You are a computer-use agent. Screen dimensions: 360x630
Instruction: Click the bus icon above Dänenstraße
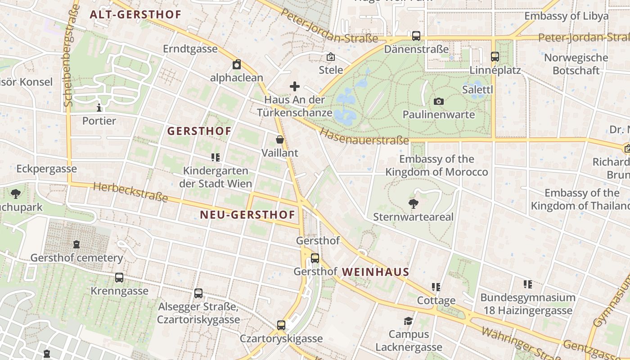416,36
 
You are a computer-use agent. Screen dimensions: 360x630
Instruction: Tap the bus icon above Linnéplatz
495,57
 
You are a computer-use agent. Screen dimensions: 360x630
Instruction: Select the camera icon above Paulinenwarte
439,101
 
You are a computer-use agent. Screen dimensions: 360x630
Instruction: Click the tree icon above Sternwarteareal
414,204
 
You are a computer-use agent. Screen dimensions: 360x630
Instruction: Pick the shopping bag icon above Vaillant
280,139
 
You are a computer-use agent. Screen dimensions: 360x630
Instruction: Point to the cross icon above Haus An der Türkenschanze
295,86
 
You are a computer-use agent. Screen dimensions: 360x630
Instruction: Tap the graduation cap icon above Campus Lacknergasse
409,321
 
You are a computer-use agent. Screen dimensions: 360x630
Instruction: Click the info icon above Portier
99,108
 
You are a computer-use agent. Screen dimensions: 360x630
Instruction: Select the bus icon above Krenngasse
119,278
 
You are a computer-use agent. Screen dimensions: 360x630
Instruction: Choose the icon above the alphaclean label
237,64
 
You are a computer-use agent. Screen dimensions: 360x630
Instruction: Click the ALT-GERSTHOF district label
135,14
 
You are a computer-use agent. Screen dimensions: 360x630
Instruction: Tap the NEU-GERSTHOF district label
247,215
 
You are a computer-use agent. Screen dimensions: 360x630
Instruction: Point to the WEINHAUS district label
375,272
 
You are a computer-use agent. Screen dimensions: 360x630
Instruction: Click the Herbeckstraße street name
130,192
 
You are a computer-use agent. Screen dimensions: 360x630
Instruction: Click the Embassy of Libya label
566,16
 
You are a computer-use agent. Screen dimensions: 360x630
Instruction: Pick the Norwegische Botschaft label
576,64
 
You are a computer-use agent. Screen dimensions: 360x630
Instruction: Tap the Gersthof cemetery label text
76,258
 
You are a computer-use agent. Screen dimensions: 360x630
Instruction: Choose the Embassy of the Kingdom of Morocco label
436,165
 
